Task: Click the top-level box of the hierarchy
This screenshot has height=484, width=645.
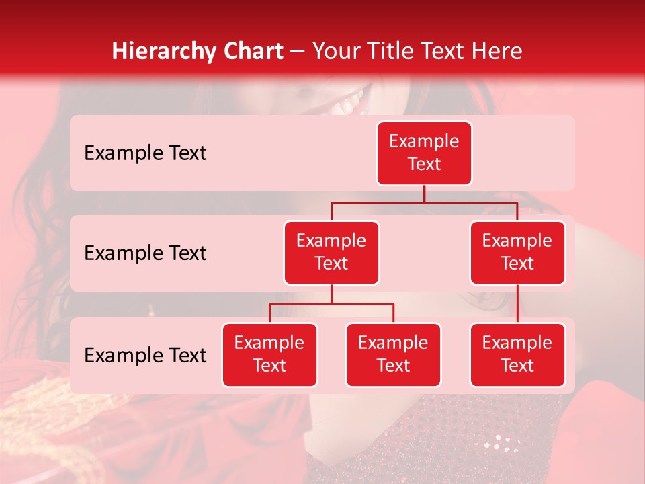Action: pos(424,153)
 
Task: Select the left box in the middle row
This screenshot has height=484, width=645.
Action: pos(331,253)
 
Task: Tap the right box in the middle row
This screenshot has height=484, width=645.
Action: pos(517,253)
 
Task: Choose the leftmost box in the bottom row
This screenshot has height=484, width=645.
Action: pos(269,355)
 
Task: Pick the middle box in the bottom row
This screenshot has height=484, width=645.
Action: pos(393,355)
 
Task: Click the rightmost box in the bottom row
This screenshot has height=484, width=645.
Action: pos(517,355)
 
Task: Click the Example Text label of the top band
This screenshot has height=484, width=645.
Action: pos(145,153)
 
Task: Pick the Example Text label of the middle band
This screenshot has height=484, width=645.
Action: pos(145,253)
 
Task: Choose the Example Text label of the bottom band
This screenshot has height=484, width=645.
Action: pos(145,356)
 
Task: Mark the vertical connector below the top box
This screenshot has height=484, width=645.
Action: pos(424,194)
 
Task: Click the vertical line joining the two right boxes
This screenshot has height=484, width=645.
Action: pos(517,304)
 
